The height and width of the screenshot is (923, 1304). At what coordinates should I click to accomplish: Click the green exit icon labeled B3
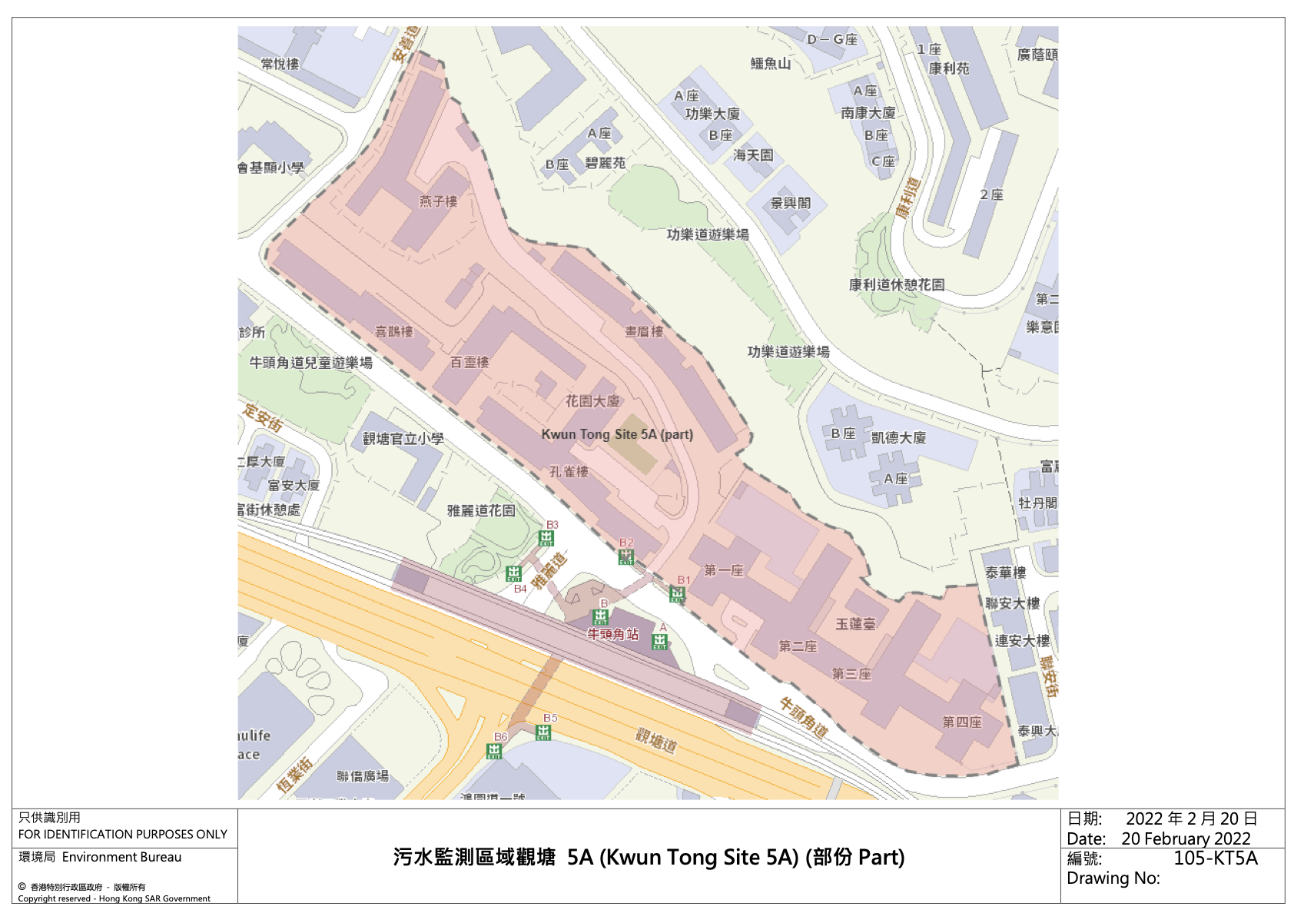tap(546, 538)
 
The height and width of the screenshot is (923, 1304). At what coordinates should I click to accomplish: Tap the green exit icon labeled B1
tap(677, 594)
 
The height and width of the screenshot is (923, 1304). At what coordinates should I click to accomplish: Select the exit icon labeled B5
tap(543, 732)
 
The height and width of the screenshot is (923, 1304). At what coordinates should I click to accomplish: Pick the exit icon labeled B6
tap(494, 751)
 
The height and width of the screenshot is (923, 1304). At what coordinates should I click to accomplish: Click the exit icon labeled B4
tap(514, 573)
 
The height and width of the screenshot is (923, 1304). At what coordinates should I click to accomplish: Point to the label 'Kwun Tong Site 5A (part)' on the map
tap(617, 434)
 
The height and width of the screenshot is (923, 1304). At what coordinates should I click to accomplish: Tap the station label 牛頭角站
tap(612, 634)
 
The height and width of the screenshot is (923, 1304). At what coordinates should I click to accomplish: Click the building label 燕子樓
tap(438, 201)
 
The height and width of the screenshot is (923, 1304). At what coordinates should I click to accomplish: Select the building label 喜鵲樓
tap(394, 331)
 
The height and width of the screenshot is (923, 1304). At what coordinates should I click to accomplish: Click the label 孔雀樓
tap(569, 472)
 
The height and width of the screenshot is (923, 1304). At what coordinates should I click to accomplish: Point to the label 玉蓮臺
tap(855, 624)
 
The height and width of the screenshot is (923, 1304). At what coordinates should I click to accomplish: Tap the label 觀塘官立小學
tap(403, 439)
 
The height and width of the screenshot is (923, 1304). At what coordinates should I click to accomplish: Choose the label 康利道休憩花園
tap(896, 284)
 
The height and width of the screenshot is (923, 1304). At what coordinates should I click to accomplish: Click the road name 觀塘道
tap(655, 741)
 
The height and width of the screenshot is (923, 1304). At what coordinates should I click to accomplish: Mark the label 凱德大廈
tap(898, 437)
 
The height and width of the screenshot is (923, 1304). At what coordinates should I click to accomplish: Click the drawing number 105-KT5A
tap(1215, 858)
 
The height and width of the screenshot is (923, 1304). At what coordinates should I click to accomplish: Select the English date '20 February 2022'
tap(1185, 838)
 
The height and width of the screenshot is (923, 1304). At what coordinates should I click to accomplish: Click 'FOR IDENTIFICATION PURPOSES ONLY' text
tap(123, 834)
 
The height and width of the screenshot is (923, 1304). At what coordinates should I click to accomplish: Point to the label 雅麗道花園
tap(481, 510)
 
